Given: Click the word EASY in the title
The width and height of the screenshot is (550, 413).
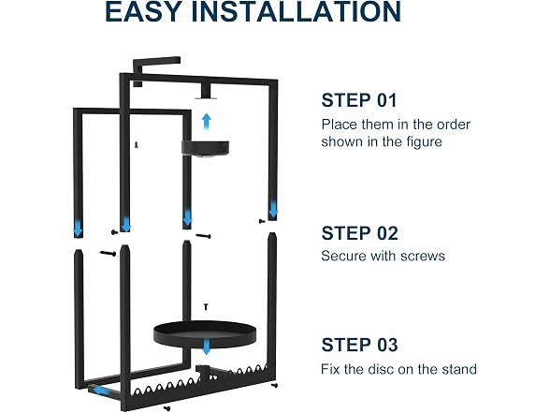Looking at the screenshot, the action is pos(143,11).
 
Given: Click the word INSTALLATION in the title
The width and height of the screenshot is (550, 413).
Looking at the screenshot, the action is pos(297,11).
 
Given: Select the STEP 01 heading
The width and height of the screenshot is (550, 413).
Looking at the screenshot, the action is pos(359,100).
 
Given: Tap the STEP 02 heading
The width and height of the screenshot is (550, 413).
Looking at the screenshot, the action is pos(359,233).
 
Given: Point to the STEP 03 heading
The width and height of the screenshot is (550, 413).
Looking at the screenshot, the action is pos(359,345).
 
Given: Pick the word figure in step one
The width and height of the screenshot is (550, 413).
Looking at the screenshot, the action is pos(425,142).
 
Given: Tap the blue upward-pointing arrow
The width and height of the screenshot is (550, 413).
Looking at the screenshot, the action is pos(207,122).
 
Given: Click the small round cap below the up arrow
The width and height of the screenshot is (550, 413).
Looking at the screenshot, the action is pos(205,148).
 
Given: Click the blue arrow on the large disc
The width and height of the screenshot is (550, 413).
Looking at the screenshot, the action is pos(207,347).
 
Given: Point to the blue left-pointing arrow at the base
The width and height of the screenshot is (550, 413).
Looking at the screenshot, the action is pos(100,391).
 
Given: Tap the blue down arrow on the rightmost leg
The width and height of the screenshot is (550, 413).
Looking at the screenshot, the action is pos(273,210).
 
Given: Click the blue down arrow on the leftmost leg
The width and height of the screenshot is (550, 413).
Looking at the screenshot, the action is pos(78,229).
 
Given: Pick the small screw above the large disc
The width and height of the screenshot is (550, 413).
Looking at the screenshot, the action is pos(206,307).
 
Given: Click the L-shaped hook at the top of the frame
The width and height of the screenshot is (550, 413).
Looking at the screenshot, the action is pos(156,64).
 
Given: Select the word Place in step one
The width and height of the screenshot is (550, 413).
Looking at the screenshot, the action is pos(339,125).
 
